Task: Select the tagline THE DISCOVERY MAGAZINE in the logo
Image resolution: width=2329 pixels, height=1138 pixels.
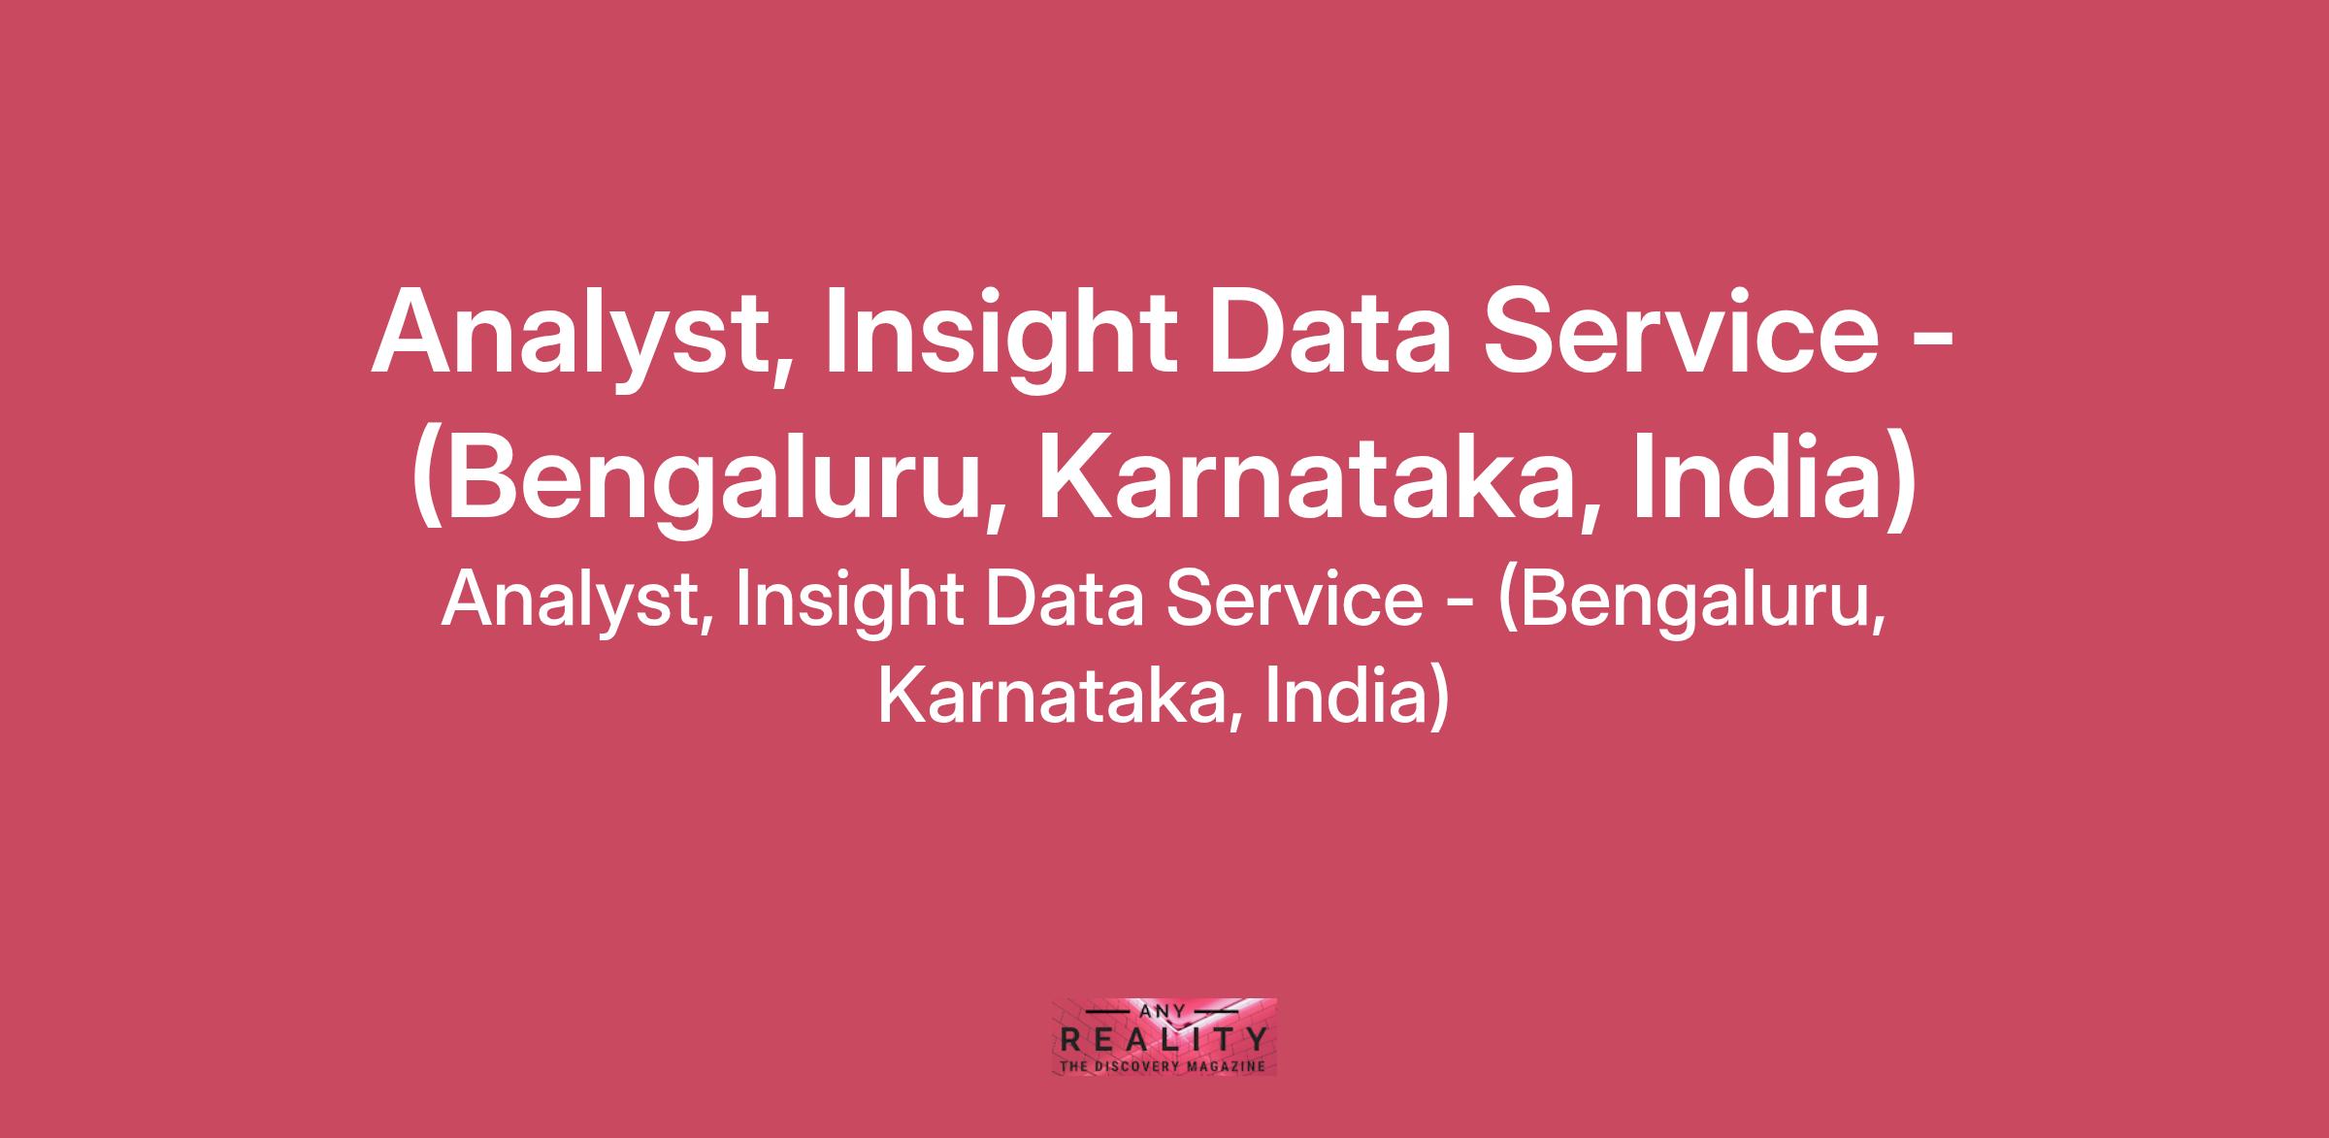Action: pyautogui.click(x=1164, y=1065)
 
